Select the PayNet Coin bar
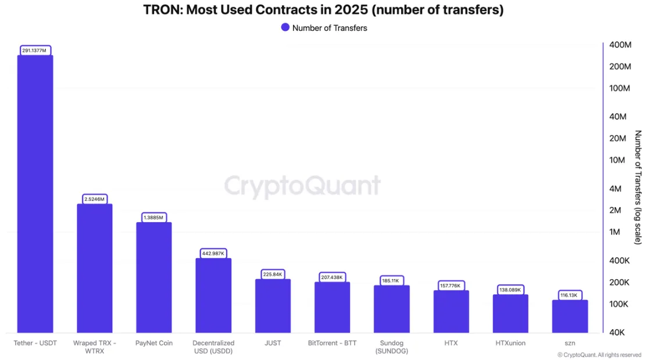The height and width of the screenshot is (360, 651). tap(154, 277)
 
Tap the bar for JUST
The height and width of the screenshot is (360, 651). tap(273, 305)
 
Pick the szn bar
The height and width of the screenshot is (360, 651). tap(570, 316)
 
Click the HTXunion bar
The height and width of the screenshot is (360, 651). tap(510, 313)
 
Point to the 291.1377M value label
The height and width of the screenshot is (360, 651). tap(35, 51)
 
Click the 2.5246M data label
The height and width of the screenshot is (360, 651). tap(94, 199)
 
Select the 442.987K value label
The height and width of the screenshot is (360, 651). tap(213, 254)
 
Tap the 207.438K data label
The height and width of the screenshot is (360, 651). tap(332, 277)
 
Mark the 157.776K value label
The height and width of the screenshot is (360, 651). tap(451, 286)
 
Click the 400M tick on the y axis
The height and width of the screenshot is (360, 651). tap(620, 45)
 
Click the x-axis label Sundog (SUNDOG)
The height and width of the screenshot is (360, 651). tap(391, 347)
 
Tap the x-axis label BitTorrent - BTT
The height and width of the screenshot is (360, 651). tap(332, 343)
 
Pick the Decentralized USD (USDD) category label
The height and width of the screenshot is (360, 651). tap(213, 347)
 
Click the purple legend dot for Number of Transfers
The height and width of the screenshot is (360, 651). tap(285, 27)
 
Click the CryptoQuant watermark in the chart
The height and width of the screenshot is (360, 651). tap(302, 187)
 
